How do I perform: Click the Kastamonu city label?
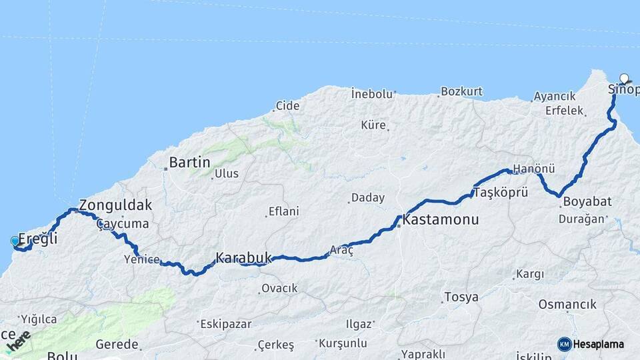coord(441,219)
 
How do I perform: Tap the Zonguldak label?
coord(115,205)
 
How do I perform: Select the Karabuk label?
coord(243,257)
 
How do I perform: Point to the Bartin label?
coord(189,162)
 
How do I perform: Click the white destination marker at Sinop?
coord(624,78)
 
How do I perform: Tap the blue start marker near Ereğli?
coord(15,241)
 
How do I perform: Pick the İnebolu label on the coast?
coord(372,94)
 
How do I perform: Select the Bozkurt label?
coord(461,91)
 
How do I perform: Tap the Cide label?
coord(288,105)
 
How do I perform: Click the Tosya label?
coord(461,297)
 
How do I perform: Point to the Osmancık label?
coord(567,304)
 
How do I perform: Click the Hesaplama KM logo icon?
coord(565,344)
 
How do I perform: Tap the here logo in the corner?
coord(18,341)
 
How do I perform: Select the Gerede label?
coord(117,345)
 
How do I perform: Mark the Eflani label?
coord(283,211)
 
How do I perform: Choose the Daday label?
coord(368,198)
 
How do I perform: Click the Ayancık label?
coord(555,97)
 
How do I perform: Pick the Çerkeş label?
coord(275,345)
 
